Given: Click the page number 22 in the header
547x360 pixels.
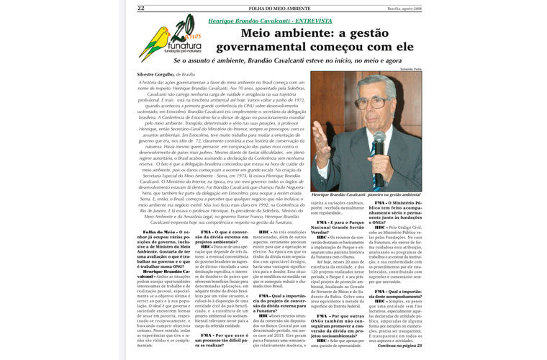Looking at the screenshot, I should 141,8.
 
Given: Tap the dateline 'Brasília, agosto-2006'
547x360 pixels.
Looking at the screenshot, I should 400,8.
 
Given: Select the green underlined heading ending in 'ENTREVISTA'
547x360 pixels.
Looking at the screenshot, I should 270,22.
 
